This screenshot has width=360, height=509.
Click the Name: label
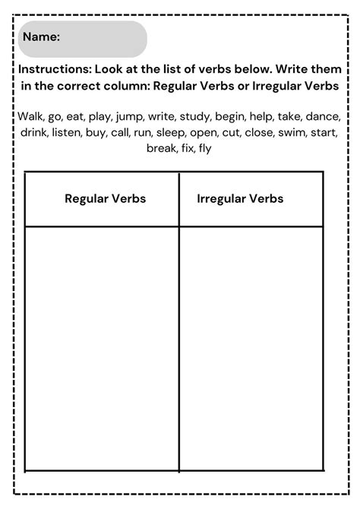43,36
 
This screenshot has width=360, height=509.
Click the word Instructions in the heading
55,68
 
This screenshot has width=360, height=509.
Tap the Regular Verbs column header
105,199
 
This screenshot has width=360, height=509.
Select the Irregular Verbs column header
239,199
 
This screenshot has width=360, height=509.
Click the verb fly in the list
206,149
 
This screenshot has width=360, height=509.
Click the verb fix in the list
187,149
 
